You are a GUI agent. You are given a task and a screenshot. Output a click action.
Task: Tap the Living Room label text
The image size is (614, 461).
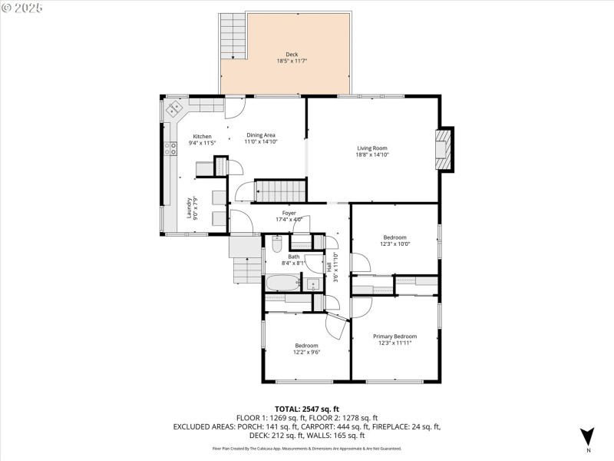tap(371, 148)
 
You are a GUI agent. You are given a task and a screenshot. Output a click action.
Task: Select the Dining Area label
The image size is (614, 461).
tap(261, 135)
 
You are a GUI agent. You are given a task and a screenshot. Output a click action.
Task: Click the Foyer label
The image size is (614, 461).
tap(289, 213)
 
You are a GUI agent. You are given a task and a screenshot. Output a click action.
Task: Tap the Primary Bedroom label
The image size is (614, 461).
tap(394, 337)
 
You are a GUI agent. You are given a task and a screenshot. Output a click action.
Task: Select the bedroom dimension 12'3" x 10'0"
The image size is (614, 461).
tap(394, 244)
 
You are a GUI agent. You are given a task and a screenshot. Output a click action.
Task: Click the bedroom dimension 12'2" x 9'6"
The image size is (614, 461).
tap(306, 353)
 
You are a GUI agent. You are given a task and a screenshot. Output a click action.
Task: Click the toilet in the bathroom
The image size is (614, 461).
tap(277, 245)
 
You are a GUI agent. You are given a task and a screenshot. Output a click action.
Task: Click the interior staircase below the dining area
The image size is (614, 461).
tap(279, 188)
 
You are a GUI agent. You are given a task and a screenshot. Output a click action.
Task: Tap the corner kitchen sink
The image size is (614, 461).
tap(173, 110)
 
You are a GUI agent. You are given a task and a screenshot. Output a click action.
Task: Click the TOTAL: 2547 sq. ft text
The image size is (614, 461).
tap(307, 409)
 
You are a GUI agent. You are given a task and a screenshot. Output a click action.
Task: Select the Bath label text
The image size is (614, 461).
tap(294, 257)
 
